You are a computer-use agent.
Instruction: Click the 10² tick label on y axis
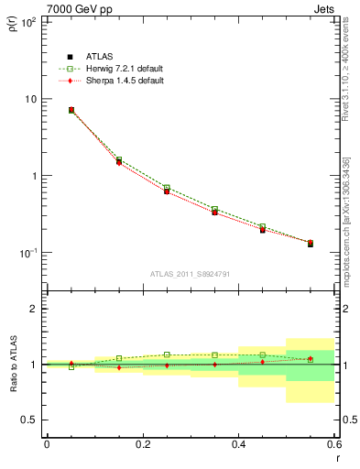(29, 22)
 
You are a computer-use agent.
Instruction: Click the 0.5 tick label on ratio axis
(30, 420)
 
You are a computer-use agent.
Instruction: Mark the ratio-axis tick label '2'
(35, 310)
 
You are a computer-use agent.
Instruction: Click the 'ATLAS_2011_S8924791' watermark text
(190, 273)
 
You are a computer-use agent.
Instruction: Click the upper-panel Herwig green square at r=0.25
(167, 187)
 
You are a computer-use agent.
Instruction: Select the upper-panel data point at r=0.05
(71, 110)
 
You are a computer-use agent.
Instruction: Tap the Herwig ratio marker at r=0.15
(119, 358)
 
